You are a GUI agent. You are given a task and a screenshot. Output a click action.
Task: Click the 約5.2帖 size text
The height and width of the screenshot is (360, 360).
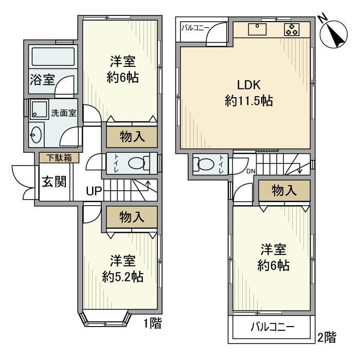[x=122, y=277]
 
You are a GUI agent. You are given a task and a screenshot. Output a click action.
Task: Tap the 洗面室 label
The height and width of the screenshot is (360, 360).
[x=64, y=113]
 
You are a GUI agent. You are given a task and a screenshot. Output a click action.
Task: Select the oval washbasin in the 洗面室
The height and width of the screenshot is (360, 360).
[x=35, y=136]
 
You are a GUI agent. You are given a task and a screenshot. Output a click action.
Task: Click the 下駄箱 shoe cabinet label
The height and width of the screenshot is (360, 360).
[x=59, y=158]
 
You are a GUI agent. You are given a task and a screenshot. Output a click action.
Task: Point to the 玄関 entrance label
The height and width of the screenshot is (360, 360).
[x=53, y=182]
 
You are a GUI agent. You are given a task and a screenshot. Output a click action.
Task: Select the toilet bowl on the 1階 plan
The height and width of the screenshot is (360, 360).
[x=136, y=163]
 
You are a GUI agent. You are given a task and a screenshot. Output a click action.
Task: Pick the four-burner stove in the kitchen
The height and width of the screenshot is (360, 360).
[x=292, y=29]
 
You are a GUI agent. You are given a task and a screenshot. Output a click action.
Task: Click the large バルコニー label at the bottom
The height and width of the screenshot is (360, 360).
[x=273, y=327]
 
